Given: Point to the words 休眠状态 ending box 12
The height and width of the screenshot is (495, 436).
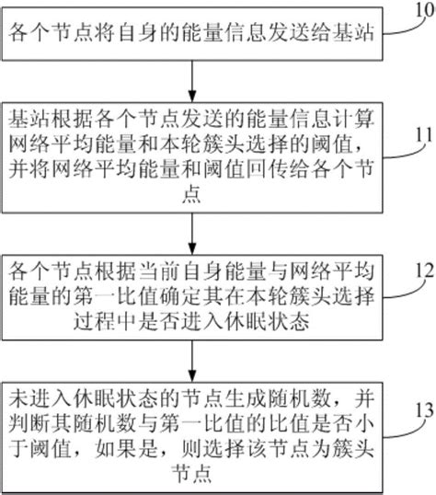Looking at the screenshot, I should pos(276,321).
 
